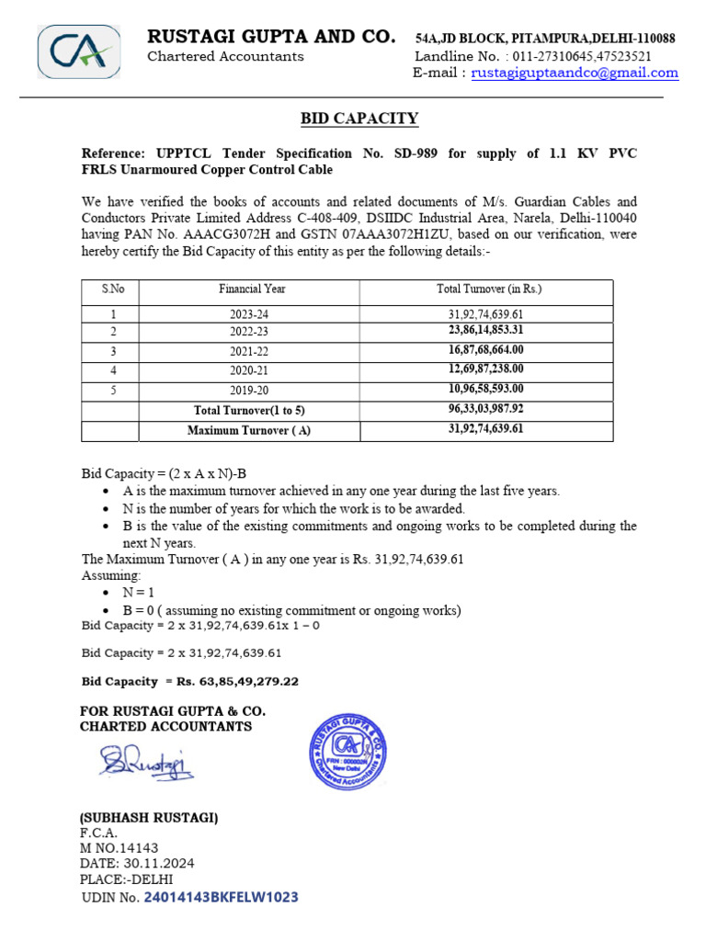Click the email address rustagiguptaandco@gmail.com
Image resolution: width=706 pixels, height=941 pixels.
click(575, 73)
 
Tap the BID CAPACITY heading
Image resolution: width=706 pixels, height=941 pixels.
click(359, 119)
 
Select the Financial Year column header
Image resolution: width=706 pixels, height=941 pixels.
click(252, 289)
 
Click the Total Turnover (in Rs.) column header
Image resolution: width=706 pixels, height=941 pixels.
click(488, 289)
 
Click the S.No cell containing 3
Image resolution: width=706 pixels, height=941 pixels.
click(113, 350)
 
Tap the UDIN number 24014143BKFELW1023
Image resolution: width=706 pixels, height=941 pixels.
click(221, 897)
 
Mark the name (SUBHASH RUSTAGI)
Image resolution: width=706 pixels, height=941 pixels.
click(149, 818)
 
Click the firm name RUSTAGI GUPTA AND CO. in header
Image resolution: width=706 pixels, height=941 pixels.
click(272, 37)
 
